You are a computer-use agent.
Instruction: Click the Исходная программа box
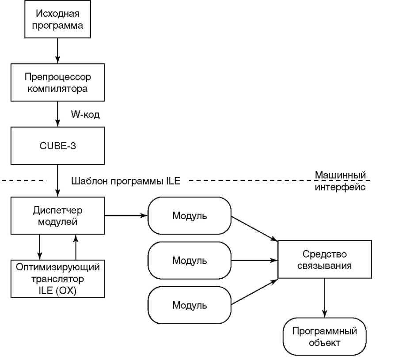(x=58, y=19)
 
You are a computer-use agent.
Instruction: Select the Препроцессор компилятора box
(x=58, y=83)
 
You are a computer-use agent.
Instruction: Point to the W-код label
(x=85, y=115)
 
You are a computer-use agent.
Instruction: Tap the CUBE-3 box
(x=58, y=146)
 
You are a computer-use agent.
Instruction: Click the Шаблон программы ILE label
(x=125, y=181)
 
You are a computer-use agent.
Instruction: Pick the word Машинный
(x=340, y=175)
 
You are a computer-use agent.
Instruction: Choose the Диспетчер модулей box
(x=58, y=216)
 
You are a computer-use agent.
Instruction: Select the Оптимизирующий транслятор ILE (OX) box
(x=58, y=279)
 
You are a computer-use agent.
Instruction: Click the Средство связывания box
(x=324, y=260)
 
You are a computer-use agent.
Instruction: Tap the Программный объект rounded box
(x=324, y=337)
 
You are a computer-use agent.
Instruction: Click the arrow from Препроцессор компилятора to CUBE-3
(x=58, y=114)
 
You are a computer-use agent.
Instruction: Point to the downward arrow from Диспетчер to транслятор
(x=40, y=247)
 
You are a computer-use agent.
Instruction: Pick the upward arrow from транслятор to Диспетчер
(x=76, y=247)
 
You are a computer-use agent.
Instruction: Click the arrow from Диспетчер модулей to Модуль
(x=125, y=216)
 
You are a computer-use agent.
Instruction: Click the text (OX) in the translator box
(x=66, y=291)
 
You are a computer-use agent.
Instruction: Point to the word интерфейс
(x=340, y=187)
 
